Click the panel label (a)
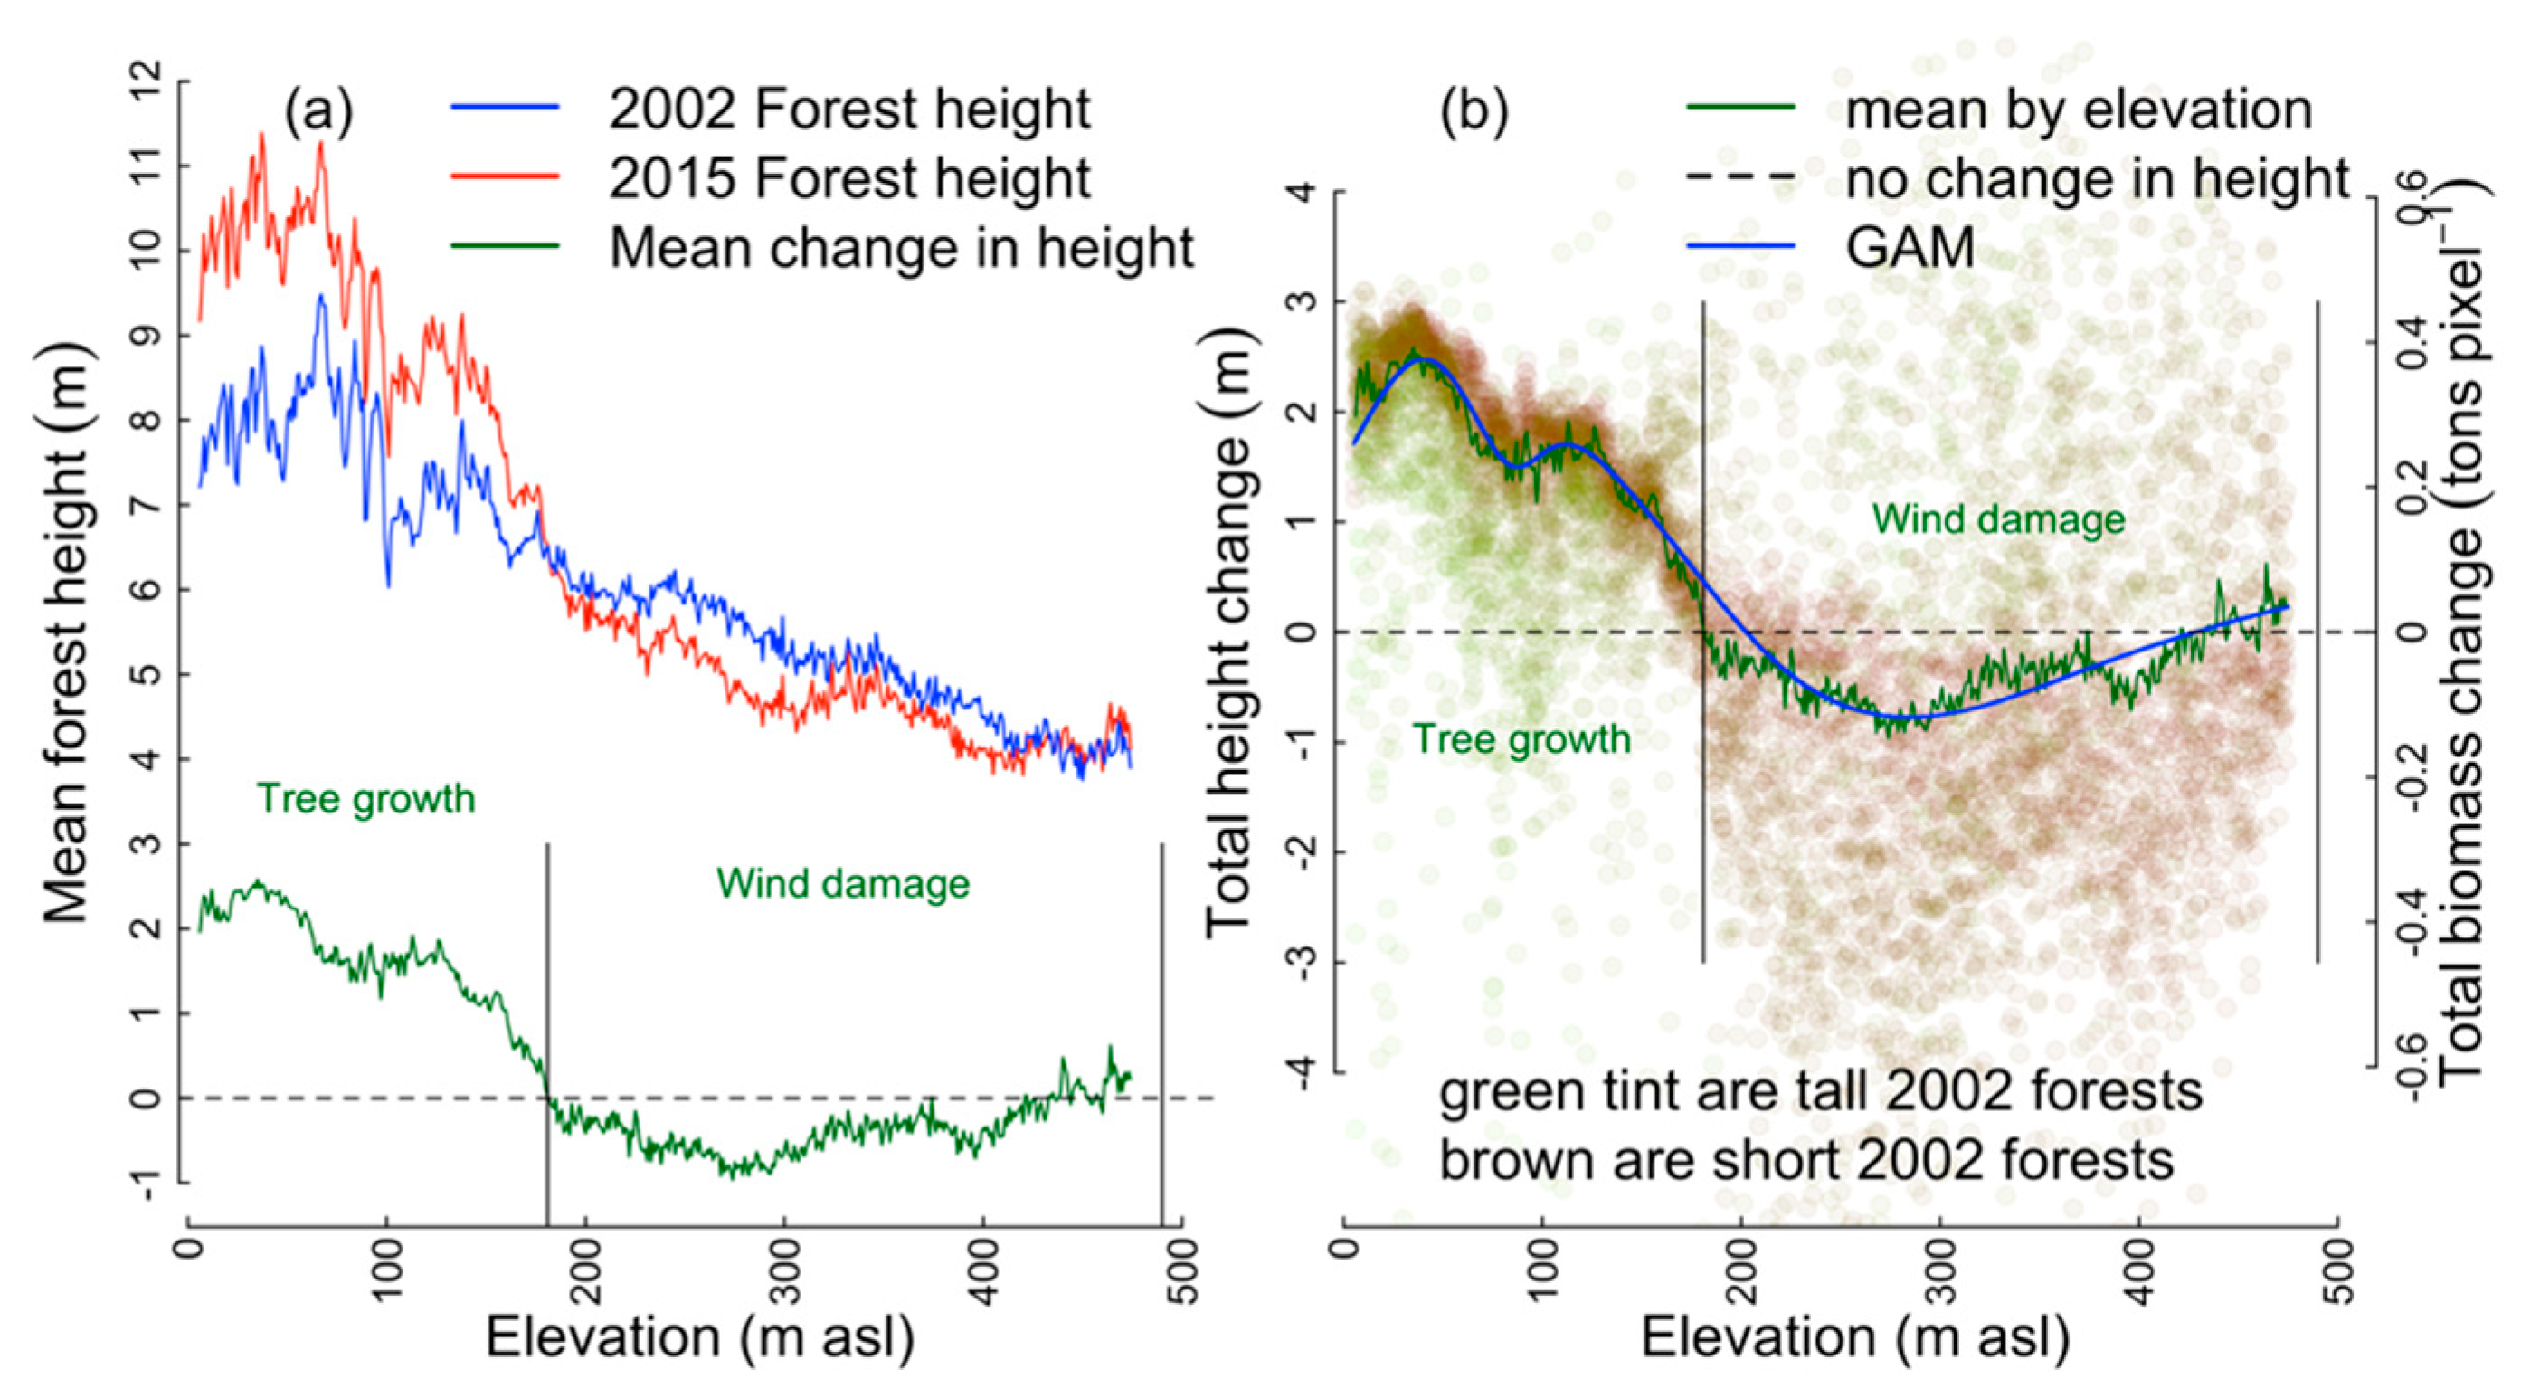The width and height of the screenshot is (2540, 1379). coord(317,110)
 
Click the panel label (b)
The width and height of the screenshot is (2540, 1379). coord(1474,110)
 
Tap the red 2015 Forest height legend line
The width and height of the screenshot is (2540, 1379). coord(505,177)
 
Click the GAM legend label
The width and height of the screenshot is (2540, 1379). coord(1910,247)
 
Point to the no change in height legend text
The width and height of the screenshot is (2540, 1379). coord(2098,178)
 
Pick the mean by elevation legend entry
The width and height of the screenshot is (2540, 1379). coord(2078,109)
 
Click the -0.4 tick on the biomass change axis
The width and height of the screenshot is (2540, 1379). coord(2416,922)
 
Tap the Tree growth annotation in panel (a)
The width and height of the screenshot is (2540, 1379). coord(365,798)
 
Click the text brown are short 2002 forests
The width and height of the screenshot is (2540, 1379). coord(1805,1161)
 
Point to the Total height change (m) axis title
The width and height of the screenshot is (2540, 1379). coord(1228,632)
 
